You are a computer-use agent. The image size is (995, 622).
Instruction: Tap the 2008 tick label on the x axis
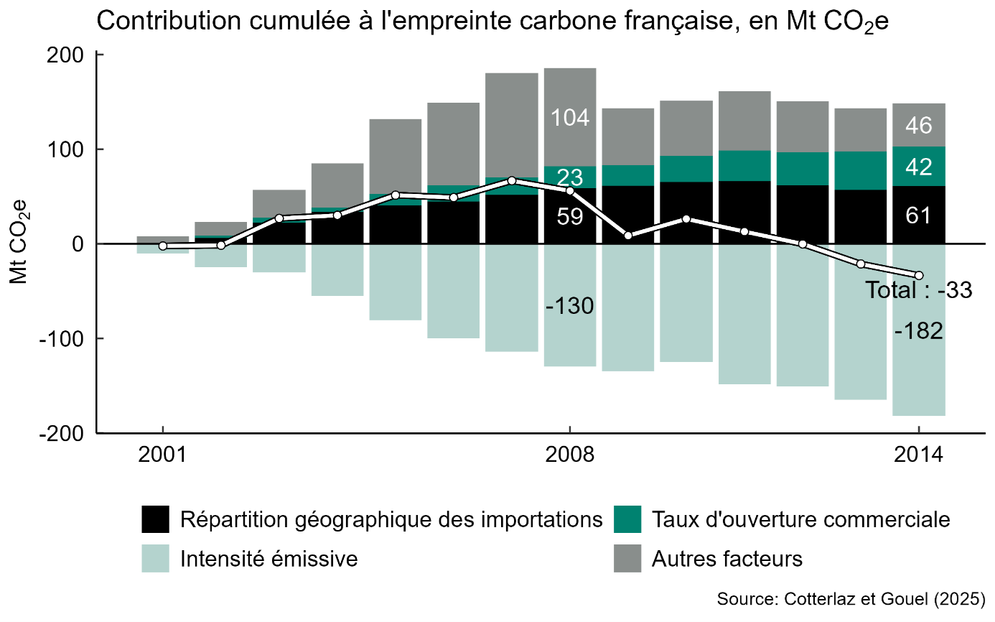tap(569, 456)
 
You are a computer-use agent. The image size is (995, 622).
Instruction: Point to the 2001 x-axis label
tap(163, 456)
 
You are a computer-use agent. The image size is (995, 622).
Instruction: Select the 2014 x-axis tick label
tap(918, 456)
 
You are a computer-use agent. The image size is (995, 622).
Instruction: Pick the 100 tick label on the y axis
tap(70, 149)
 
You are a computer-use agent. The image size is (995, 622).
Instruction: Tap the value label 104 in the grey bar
tap(570, 117)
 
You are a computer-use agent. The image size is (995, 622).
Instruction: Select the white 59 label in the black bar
tap(570, 216)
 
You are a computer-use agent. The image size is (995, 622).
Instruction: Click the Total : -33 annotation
tap(918, 291)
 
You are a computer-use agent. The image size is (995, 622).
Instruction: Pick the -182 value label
tap(919, 332)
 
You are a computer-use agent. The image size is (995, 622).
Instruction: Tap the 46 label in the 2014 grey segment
tap(919, 126)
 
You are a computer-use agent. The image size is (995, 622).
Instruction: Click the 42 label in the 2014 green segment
tap(919, 167)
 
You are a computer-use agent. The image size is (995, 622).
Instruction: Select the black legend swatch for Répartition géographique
tap(156, 519)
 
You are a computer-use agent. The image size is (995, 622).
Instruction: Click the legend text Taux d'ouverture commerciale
tap(800, 519)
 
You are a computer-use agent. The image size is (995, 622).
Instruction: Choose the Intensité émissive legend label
tap(268, 559)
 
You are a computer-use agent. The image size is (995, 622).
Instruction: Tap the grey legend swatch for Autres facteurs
tap(627, 559)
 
